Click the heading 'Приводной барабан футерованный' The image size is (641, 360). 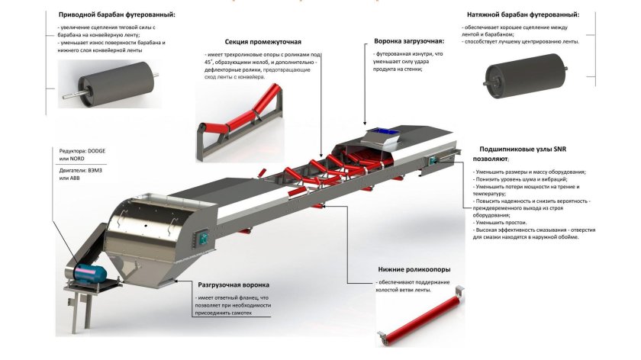116,14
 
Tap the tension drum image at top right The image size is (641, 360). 515,79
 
